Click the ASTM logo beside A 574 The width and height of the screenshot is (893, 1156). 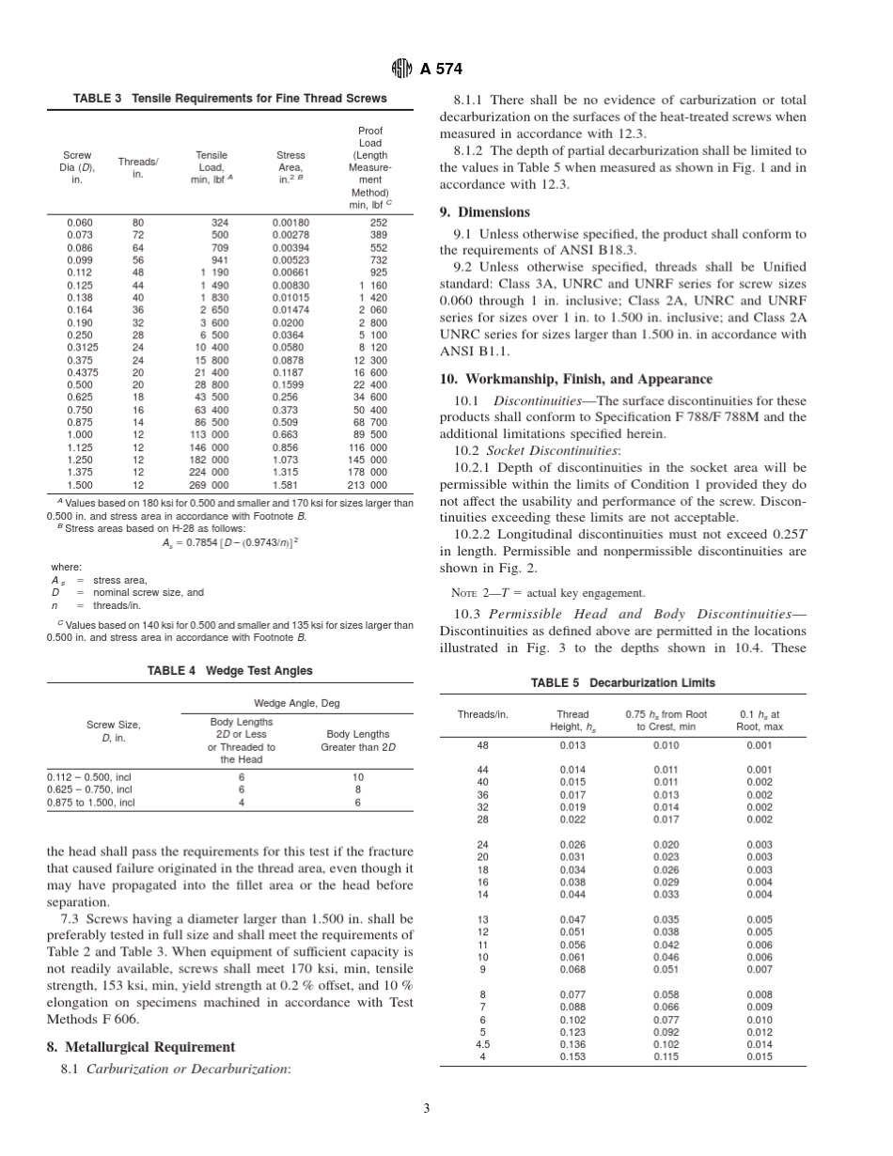[x=400, y=69]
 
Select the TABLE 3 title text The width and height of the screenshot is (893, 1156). [x=229, y=98]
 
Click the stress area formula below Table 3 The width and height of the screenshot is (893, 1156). [x=229, y=542]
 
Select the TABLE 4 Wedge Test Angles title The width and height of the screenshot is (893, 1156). [x=229, y=671]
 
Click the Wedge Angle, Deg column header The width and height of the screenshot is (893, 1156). [x=296, y=703]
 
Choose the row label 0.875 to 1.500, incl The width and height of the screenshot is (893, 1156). [x=91, y=803]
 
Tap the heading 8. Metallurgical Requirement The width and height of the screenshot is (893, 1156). [x=141, y=1046]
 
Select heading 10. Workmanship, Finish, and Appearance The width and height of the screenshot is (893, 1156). [x=576, y=379]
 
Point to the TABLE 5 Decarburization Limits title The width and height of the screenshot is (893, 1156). [x=622, y=683]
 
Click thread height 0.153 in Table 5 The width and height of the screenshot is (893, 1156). [x=572, y=1056]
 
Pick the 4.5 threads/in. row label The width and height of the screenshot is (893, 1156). [x=482, y=1044]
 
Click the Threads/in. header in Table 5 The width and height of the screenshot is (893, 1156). [x=482, y=714]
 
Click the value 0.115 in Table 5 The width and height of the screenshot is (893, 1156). [x=666, y=1056]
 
